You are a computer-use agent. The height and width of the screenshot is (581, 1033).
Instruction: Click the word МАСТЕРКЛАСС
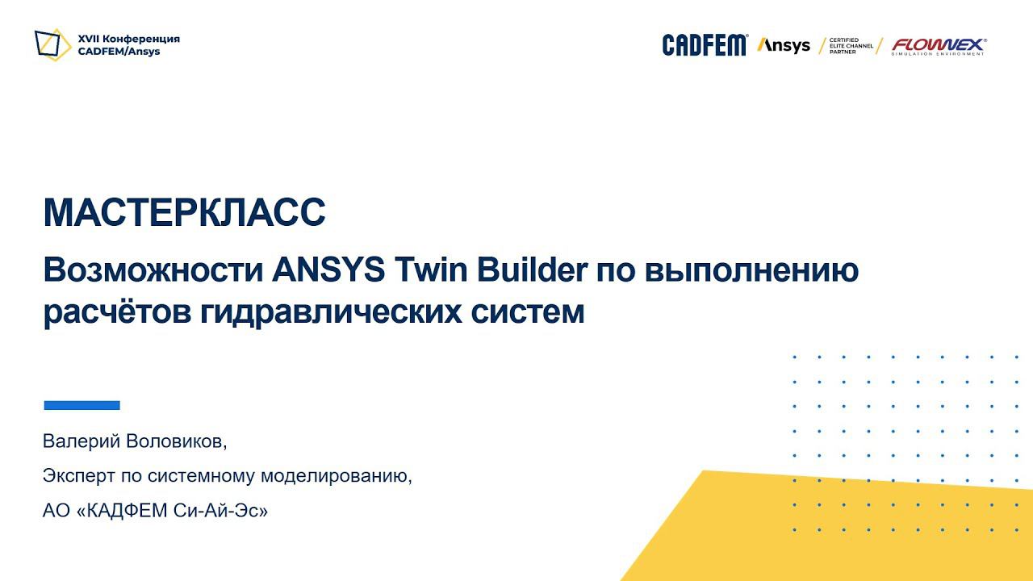click(184, 212)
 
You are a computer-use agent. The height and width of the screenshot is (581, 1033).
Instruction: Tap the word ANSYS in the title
click(328, 270)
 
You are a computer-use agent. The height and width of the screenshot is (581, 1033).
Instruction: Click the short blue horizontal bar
click(82, 405)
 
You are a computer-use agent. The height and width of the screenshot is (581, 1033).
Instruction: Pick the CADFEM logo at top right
click(705, 45)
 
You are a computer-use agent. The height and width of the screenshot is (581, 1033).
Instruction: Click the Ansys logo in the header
click(783, 45)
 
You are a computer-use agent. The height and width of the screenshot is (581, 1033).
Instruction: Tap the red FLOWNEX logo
click(938, 46)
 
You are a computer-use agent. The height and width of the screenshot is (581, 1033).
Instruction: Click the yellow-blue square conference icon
click(52, 44)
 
